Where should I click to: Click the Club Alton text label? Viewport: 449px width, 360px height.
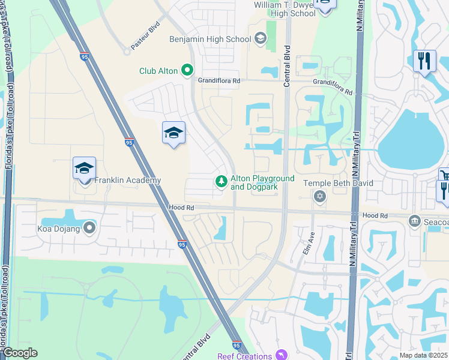(158, 71)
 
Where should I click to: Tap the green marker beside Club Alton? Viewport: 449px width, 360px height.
(187, 71)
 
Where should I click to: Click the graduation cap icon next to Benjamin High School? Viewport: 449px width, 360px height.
(260, 40)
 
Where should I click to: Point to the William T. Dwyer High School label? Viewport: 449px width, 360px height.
(285, 8)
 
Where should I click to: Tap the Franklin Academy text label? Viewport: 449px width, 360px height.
(127, 180)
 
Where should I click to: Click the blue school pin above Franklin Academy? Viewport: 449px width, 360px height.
(85, 169)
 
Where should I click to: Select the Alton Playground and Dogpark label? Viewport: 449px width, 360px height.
(263, 182)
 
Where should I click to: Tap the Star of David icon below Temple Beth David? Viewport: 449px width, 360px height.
(320, 196)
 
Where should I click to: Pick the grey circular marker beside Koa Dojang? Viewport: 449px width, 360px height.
(90, 228)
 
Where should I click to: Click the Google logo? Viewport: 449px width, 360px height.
(20, 353)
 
